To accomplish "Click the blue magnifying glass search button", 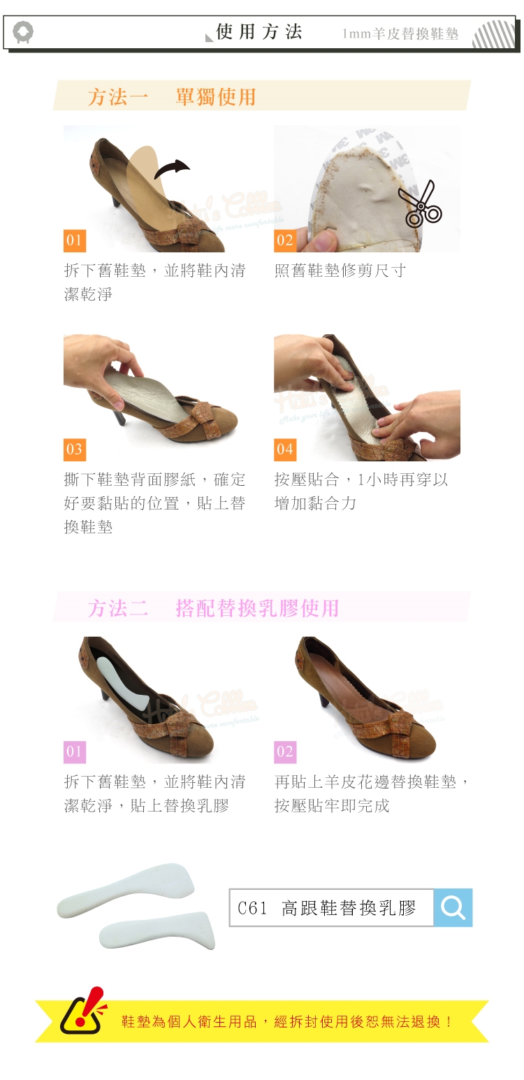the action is [x=453, y=907].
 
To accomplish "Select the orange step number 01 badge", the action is [x=75, y=240].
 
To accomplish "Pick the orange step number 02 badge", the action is [x=285, y=240].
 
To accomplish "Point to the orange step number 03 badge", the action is [x=75, y=450].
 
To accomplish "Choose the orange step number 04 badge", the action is [x=285, y=450].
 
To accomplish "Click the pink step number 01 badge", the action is [x=75, y=752].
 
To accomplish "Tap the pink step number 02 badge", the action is [x=285, y=752].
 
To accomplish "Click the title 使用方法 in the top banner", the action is [x=259, y=32].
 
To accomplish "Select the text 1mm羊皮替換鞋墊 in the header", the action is [x=400, y=34].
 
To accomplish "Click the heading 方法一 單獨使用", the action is [x=172, y=97].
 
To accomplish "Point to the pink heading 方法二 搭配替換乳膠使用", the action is [x=214, y=608].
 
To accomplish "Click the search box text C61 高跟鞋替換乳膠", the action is [x=327, y=908].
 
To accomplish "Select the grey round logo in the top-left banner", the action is [x=23, y=32].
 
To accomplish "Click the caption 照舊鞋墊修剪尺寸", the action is [x=340, y=271].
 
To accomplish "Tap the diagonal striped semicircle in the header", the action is [x=493, y=35].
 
